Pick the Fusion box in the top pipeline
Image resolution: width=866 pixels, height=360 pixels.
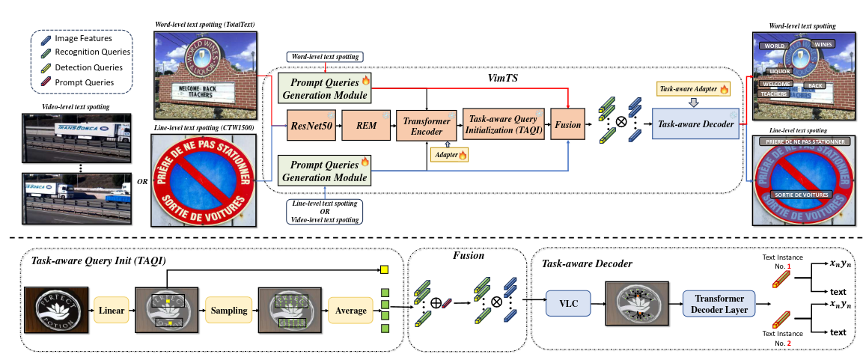pos(568,124)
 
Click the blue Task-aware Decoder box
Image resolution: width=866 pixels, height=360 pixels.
pos(695,124)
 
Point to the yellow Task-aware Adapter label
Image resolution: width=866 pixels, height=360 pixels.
pos(692,89)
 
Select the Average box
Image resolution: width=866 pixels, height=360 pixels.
pos(350,310)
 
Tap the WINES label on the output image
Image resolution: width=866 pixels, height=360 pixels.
pos(823,45)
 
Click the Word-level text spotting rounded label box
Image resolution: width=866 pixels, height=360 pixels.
pos(325,57)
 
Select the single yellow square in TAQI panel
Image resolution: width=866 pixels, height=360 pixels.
pos(384,269)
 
